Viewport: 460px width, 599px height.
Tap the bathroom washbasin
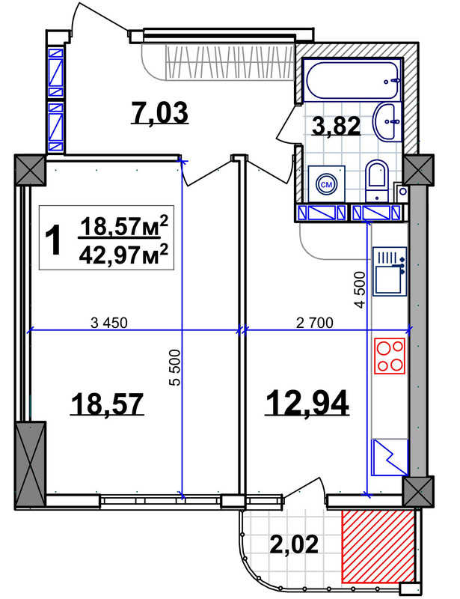pos(387,121)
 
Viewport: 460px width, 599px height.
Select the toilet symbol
pos(377,180)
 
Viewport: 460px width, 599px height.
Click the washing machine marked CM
pos(326,184)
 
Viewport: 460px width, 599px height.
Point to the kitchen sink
pos(390,272)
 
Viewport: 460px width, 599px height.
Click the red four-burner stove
pos(390,356)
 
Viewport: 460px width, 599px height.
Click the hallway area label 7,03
pos(159,113)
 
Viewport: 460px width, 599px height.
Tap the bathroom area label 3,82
pos(336,126)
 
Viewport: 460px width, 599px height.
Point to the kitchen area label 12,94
pos(307,402)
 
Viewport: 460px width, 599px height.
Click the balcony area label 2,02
pos(294,544)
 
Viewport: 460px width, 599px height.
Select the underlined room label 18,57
pos(107,404)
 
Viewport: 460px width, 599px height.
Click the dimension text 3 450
pos(109,323)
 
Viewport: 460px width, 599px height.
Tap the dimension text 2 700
pos(315,323)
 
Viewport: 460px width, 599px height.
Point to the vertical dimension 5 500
pos(175,368)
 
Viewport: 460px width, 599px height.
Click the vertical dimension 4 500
pos(360,290)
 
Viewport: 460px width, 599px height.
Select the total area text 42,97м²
pos(123,255)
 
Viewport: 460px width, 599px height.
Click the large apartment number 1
pos(53,240)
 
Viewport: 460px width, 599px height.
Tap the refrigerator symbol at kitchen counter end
pos(390,457)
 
